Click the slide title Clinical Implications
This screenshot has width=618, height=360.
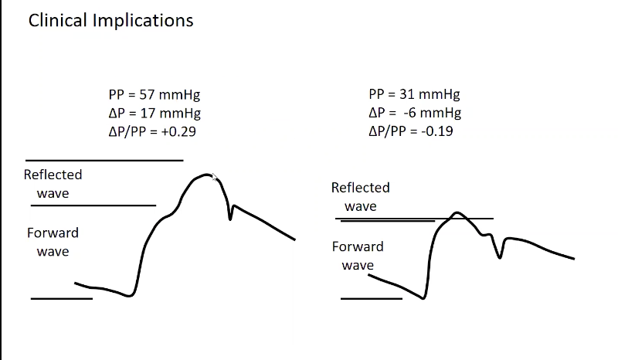110,20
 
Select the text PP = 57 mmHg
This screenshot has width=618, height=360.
154,95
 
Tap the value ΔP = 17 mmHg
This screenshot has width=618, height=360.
154,113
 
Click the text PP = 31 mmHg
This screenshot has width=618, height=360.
414,95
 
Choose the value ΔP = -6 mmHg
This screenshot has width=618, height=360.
415,113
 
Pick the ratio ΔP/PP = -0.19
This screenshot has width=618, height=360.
411,131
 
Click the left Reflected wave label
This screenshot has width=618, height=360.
53,184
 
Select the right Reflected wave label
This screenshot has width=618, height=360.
360,197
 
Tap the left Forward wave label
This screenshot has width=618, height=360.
53,242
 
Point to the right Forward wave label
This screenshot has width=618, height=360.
358,256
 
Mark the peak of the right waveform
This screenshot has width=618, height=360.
457,212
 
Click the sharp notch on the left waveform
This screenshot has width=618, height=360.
230,218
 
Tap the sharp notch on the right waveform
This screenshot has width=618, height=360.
500,256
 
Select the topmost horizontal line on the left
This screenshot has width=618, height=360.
104,161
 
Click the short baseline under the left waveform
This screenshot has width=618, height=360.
61,298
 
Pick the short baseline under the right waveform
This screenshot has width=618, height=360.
371,298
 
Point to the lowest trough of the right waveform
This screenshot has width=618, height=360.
423,298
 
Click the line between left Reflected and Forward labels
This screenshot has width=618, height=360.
95,205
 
